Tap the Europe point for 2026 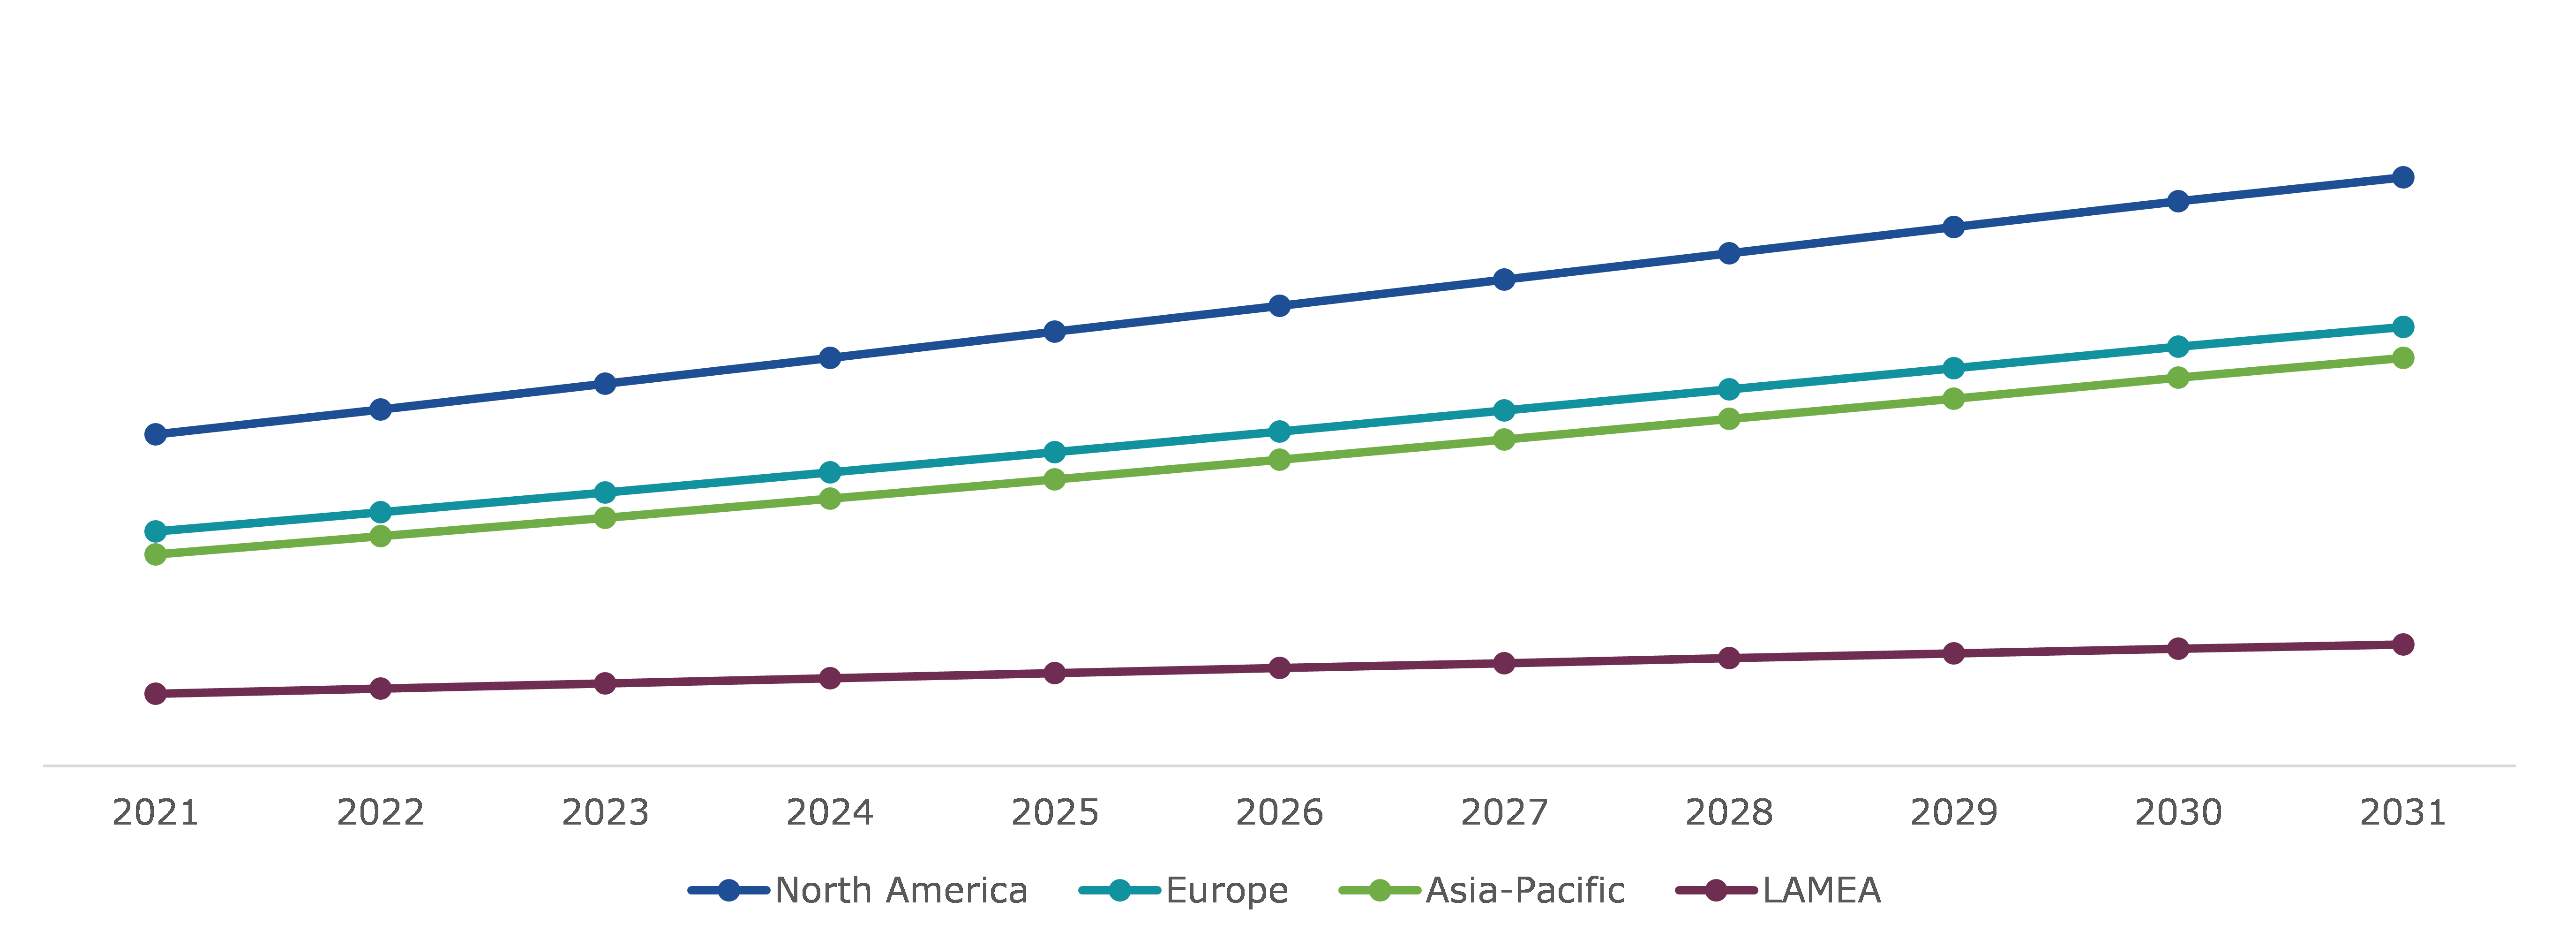pos(1280,431)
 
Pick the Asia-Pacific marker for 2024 pos(830,499)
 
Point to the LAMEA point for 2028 pos(1728,658)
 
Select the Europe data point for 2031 pos(2402,327)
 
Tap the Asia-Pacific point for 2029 pos(1953,399)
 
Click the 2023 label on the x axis pos(605,813)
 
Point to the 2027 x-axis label pos(1504,813)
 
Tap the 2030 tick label pos(2177,813)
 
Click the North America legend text pos(901,890)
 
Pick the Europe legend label pos(1227,890)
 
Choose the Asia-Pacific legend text pos(1525,890)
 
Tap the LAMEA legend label pos(1821,890)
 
